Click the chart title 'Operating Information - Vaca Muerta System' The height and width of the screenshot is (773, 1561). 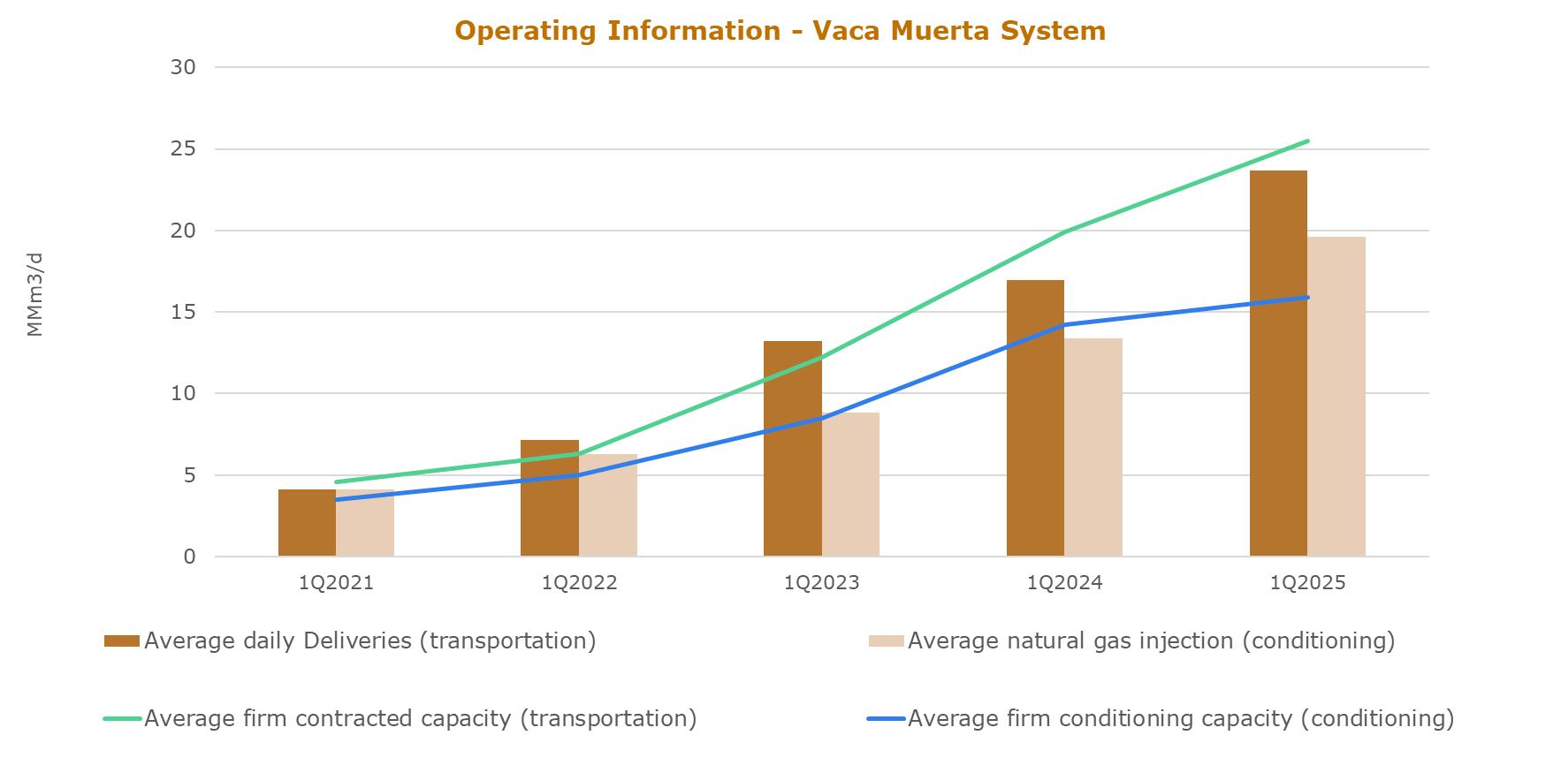point(780,31)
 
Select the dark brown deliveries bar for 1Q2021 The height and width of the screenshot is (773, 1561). point(307,523)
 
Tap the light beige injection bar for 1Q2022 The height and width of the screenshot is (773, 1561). point(608,505)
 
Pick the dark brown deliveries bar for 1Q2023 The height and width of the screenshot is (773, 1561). point(793,449)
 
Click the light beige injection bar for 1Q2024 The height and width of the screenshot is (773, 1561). point(1093,447)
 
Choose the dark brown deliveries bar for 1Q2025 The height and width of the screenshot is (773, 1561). point(1278,363)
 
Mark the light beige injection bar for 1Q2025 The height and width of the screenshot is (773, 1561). point(1336,397)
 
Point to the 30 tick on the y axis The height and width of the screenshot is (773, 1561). point(184,67)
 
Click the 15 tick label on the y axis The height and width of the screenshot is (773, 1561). point(184,312)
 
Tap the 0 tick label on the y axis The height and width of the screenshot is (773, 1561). point(190,557)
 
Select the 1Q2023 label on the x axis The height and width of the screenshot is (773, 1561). point(821,583)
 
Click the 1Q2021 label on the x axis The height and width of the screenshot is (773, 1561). point(336,583)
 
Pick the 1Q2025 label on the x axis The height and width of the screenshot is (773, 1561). point(1307,583)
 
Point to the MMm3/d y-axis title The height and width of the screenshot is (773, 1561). point(34,294)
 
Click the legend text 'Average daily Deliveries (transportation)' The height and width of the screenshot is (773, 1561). point(370,640)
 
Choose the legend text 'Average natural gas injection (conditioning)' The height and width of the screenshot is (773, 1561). point(1151,640)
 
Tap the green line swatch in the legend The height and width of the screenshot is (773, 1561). point(122,719)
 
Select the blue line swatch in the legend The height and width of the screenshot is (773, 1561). point(887,719)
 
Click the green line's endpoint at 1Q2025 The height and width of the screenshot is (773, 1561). point(1307,140)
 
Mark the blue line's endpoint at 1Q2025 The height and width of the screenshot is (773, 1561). point(1307,297)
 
